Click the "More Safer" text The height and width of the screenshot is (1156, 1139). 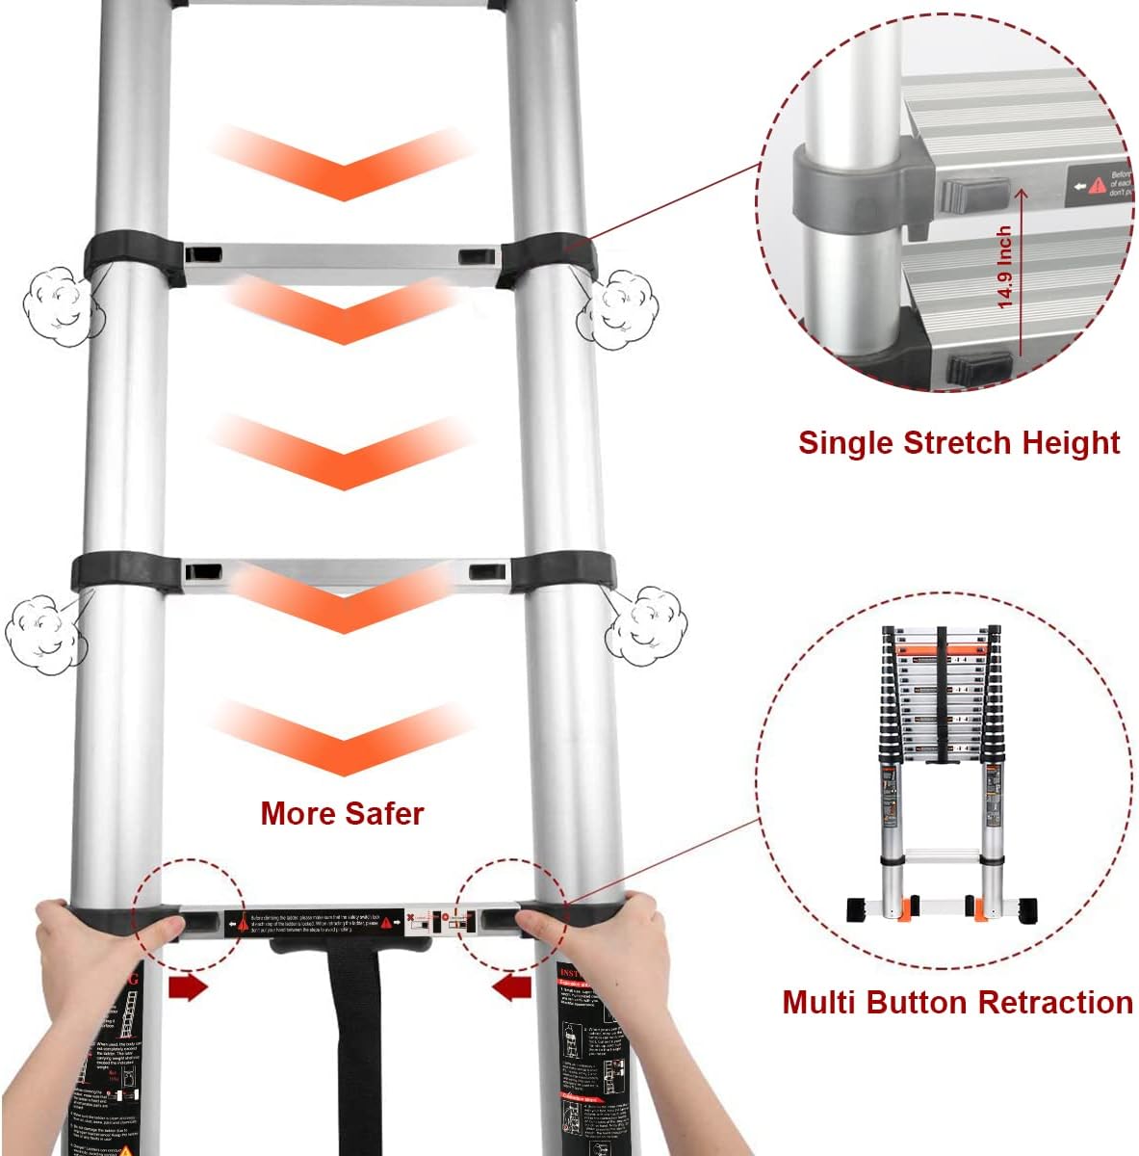click(342, 813)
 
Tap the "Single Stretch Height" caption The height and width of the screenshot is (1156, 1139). click(958, 442)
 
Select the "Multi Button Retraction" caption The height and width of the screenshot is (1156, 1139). click(957, 1002)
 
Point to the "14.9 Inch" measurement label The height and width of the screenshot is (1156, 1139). click(1004, 267)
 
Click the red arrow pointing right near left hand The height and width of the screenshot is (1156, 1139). click(187, 987)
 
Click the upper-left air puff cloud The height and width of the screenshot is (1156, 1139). click(61, 307)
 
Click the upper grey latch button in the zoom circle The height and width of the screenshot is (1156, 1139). click(971, 197)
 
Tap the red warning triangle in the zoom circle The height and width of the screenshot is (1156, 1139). click(1097, 185)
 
